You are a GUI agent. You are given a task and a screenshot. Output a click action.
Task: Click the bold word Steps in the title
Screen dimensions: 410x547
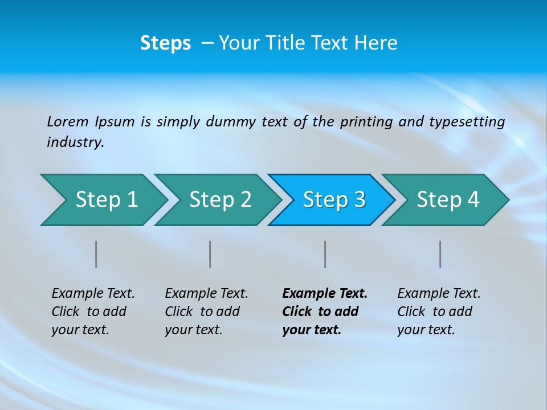point(165,43)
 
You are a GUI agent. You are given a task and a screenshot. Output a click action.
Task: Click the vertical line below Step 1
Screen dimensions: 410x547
point(96,254)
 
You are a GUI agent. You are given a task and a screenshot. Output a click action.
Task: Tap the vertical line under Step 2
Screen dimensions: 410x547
point(210,254)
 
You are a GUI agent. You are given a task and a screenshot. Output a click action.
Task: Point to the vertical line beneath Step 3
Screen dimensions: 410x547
point(325,254)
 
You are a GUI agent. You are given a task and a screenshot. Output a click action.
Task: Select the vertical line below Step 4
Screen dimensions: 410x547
point(440,254)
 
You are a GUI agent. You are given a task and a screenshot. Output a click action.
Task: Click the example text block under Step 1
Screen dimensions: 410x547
point(93,311)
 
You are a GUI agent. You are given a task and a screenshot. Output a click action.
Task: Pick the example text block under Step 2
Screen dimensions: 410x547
point(206,311)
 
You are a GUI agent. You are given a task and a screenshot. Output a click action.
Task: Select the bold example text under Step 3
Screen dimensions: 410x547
point(325,311)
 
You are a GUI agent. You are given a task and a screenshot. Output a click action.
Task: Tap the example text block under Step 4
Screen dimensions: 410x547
point(439,311)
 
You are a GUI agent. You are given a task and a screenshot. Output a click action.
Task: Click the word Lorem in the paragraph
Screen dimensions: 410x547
point(67,122)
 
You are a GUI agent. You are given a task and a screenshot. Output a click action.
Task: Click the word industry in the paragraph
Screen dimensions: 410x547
point(74,142)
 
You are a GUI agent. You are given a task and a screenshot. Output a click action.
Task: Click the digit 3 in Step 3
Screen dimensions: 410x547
point(360,200)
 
